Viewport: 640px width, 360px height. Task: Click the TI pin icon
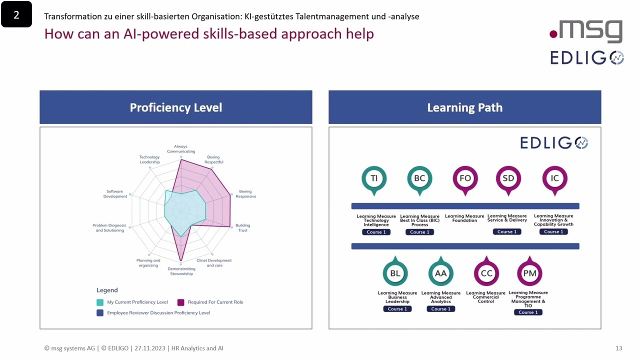pos(374,179)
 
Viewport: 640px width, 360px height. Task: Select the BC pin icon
pos(419,179)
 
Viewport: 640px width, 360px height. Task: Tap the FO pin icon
pos(465,179)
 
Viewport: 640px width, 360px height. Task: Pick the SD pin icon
pos(508,179)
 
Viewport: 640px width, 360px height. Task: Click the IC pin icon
pos(554,179)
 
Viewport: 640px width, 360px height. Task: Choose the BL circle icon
pos(395,273)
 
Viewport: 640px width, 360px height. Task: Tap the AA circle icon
pos(440,273)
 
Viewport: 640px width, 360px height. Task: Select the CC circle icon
pos(486,273)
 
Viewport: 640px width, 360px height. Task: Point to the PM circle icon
pos(529,273)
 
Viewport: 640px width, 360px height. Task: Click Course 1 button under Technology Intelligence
pos(376,232)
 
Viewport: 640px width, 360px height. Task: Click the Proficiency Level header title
pos(176,107)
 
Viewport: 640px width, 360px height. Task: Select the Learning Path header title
pos(464,107)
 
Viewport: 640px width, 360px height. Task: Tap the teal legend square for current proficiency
pos(100,302)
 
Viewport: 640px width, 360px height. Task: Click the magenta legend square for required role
pos(180,302)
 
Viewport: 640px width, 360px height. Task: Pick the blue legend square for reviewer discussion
pos(100,313)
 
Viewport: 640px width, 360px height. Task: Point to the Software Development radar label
pos(115,194)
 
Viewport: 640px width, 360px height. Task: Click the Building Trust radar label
pos(242,228)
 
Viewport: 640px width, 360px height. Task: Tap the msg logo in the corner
pos(587,31)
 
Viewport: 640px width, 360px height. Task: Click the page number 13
pos(618,348)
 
